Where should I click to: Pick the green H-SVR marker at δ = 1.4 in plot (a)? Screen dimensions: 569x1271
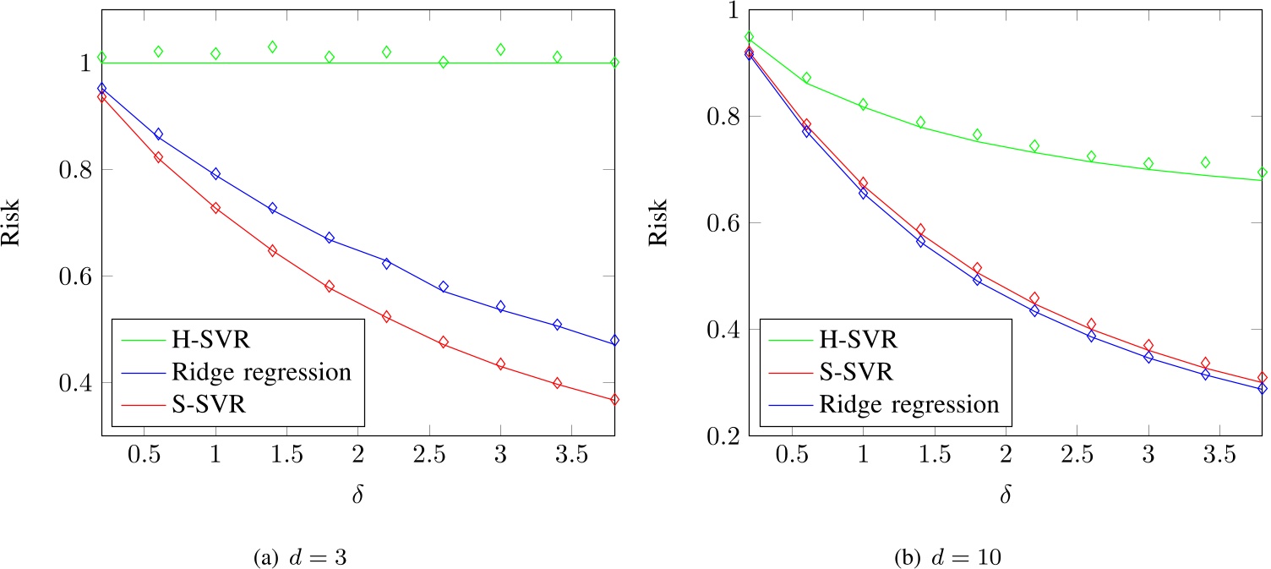pos(272,47)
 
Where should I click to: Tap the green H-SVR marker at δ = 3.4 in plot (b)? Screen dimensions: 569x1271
pos(1206,162)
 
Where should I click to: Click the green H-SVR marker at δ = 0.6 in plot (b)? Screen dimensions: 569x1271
pos(806,78)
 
